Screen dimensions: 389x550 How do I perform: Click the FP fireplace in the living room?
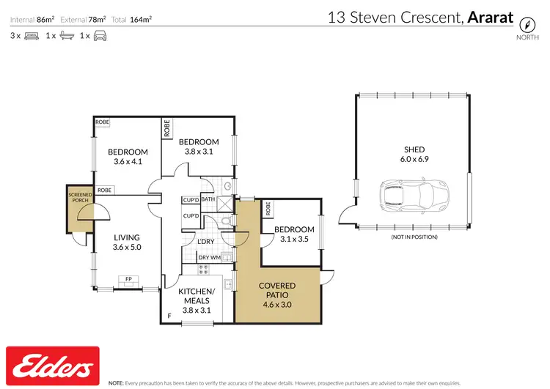(128, 279)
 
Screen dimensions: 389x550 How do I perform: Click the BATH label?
(208, 199)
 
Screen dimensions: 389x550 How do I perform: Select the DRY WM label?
(210, 257)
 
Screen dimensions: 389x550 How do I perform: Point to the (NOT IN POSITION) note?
(414, 237)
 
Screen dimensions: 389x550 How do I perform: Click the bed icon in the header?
(32, 35)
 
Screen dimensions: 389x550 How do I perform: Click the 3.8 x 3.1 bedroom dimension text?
(199, 152)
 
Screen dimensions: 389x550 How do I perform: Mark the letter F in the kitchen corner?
(168, 315)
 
